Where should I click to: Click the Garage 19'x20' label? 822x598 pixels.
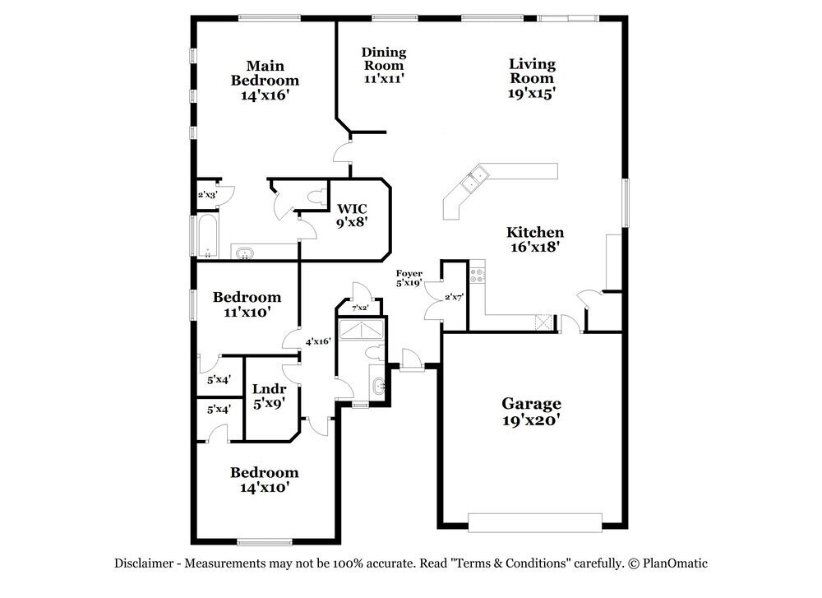(532, 412)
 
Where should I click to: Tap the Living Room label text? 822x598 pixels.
(532, 72)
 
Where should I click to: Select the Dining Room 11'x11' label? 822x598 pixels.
(384, 66)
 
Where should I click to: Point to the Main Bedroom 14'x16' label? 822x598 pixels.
(265, 81)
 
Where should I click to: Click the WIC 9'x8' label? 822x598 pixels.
(352, 216)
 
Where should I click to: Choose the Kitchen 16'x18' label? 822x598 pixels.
(535, 239)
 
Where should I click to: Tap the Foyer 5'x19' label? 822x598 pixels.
(409, 278)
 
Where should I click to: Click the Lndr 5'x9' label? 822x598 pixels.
(269, 396)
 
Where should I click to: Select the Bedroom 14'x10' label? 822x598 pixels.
(264, 480)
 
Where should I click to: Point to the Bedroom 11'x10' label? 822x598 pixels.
(247, 304)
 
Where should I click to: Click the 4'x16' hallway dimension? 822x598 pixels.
(318, 341)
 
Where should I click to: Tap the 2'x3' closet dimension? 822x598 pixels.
(207, 195)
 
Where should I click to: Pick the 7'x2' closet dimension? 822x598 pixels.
(360, 308)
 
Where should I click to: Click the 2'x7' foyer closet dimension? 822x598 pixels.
(454, 297)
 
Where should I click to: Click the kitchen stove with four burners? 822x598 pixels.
(477, 276)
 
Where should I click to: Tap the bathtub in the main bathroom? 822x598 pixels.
(206, 236)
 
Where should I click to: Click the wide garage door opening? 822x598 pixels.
(535, 522)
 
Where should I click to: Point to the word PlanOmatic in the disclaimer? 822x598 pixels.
(675, 563)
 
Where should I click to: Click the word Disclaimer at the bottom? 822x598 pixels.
(144, 563)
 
